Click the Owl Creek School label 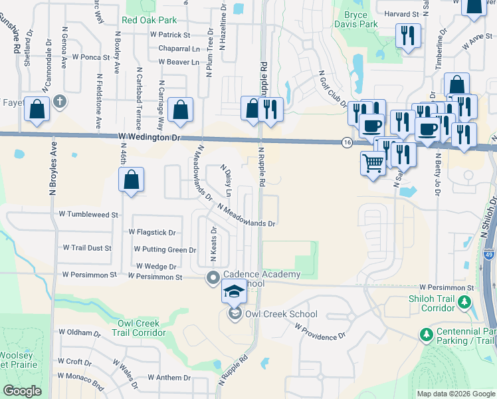[x=281, y=314]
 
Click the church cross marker [x=60, y=102]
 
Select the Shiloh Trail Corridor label [x=432, y=303]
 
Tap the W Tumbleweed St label [x=88, y=215]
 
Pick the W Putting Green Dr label [x=165, y=249]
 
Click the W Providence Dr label [x=321, y=332]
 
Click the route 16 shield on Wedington [x=347, y=142]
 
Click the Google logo [x=23, y=391]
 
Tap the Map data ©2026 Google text [x=455, y=394]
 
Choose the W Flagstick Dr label [x=152, y=233]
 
